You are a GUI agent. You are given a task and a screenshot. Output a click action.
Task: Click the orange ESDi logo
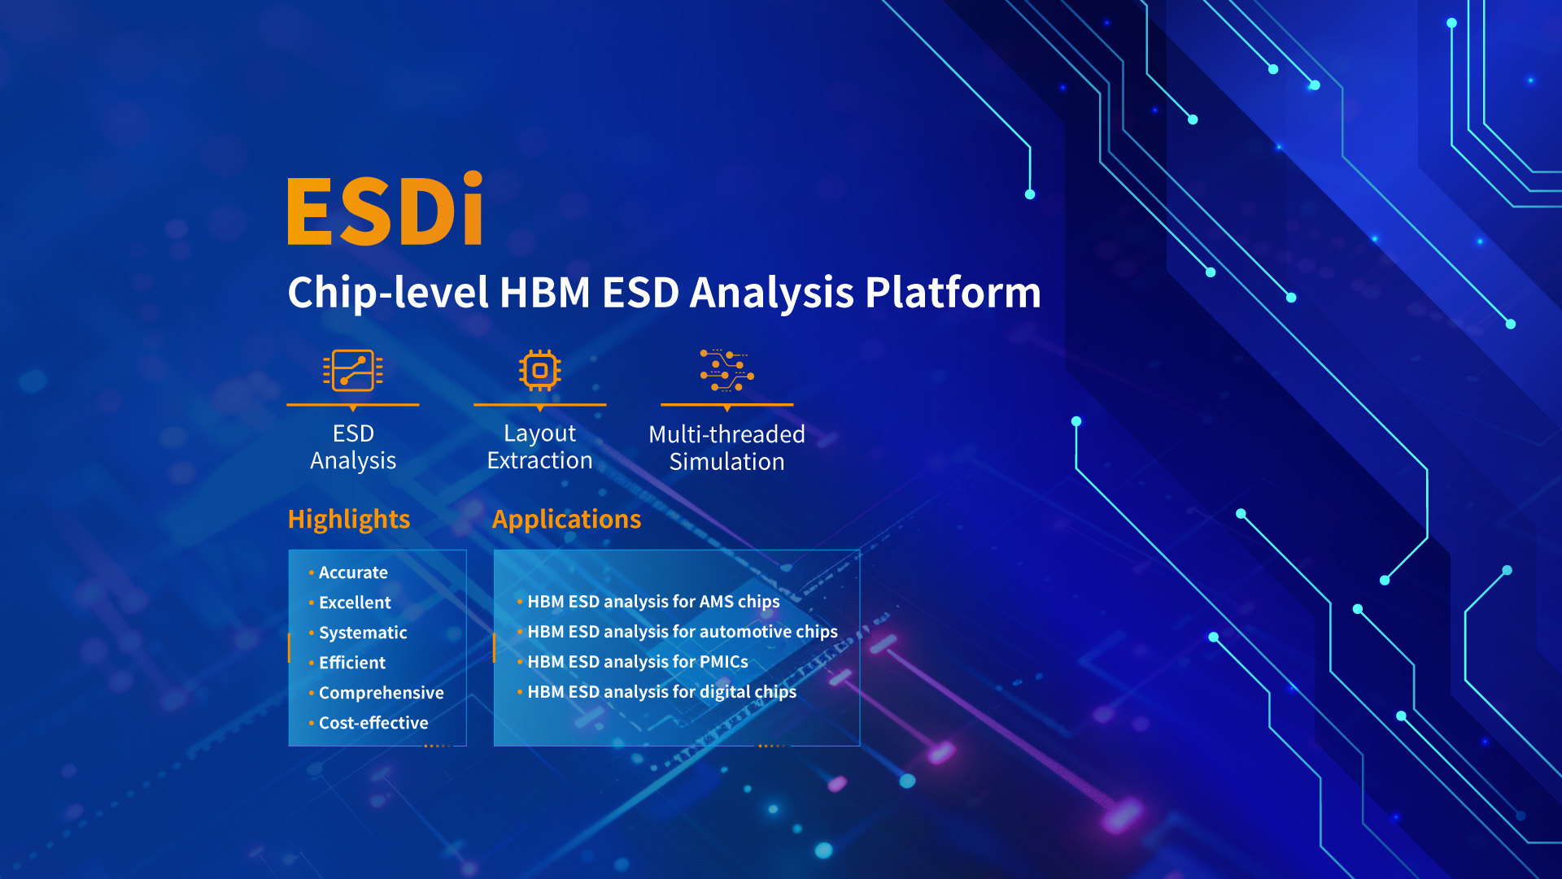tap(386, 209)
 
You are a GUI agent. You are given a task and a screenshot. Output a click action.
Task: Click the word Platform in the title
tap(953, 292)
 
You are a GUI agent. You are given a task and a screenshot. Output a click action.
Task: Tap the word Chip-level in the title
tap(388, 292)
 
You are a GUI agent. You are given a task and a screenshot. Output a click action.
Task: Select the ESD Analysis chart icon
tap(353, 371)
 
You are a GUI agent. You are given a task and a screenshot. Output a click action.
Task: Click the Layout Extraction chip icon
tap(540, 371)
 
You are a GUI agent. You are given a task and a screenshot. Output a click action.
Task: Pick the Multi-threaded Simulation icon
tap(727, 371)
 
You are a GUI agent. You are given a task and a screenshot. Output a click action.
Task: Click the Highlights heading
tap(349, 519)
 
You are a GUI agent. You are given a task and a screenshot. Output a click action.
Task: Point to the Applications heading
tap(566, 519)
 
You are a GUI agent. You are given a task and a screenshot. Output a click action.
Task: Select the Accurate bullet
tap(353, 572)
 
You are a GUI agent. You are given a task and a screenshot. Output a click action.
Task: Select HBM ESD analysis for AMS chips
tap(653, 602)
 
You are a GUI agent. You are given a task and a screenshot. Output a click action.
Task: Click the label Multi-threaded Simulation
tap(727, 448)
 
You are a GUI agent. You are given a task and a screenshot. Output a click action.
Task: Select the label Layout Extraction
tap(540, 446)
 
